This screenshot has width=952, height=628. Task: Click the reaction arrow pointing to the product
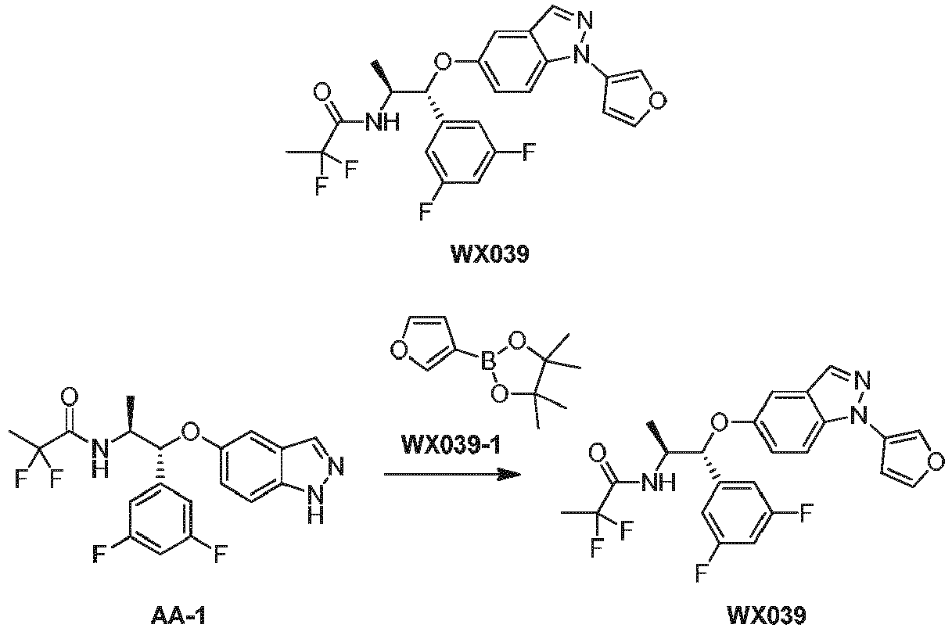click(x=452, y=474)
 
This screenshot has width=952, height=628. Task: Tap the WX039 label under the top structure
click(x=490, y=254)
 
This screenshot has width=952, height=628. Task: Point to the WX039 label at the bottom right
click(x=767, y=616)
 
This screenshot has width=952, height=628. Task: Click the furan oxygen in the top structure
click(x=657, y=100)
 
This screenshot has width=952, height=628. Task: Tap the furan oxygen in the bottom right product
click(x=936, y=461)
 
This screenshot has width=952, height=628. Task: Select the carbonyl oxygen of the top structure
click(x=322, y=92)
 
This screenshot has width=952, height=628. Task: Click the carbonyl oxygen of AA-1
click(x=70, y=397)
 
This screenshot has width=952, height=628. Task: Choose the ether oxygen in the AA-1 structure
click(x=189, y=431)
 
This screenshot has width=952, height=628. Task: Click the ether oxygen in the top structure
click(x=443, y=62)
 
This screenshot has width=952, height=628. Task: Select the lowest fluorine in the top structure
click(x=426, y=211)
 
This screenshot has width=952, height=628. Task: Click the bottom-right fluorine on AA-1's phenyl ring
click(x=221, y=554)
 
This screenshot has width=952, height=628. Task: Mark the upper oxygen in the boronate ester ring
click(x=517, y=340)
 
